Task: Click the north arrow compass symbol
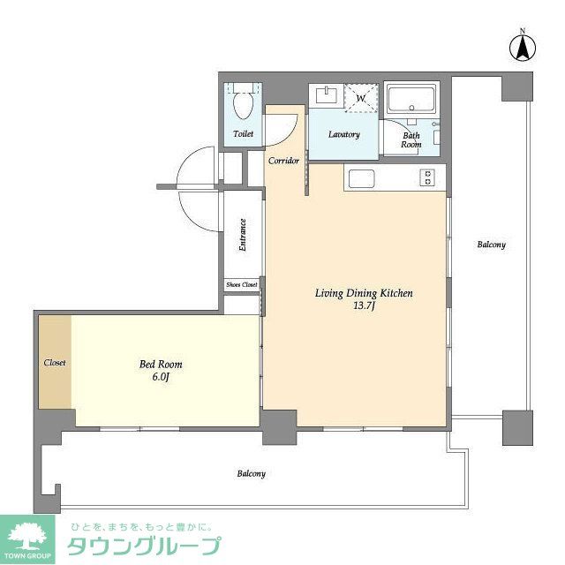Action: (522, 48)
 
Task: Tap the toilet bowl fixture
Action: (243, 106)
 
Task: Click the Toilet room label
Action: (243, 134)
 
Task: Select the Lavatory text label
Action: (343, 135)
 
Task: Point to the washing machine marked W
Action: (359, 99)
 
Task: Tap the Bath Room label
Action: (411, 139)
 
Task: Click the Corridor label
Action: (284, 161)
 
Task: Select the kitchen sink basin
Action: (362, 178)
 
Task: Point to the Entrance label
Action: (242, 236)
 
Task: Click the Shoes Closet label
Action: (242, 285)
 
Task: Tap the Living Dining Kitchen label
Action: (364, 293)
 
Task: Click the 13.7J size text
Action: (364, 306)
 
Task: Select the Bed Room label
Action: (161, 364)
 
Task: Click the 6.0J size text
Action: (161, 377)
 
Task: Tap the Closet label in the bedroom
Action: (55, 363)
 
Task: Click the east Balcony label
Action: (491, 245)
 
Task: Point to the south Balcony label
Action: (251, 474)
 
